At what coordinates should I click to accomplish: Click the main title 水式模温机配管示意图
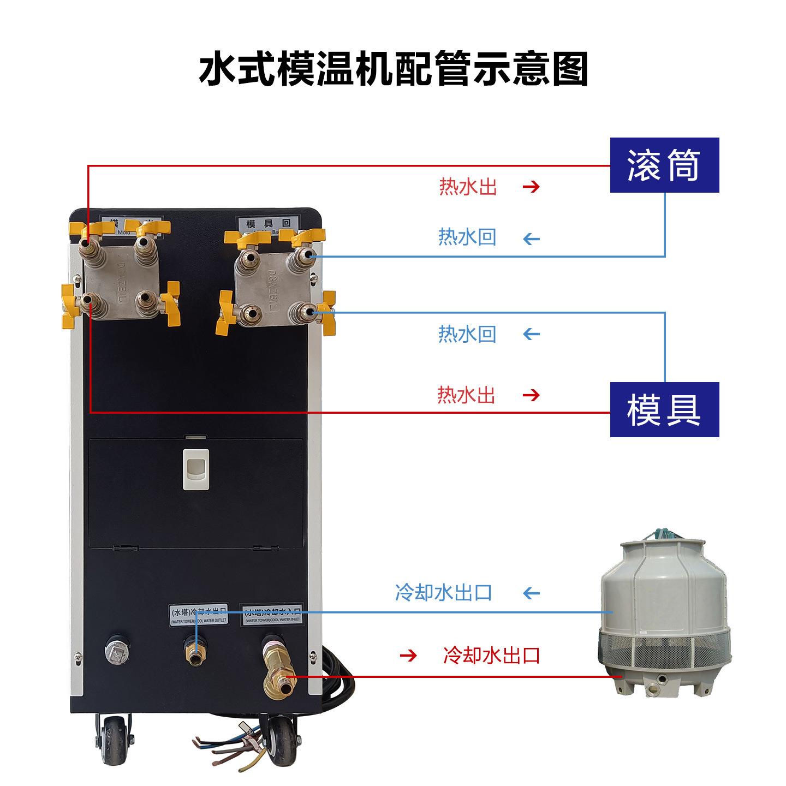(393, 69)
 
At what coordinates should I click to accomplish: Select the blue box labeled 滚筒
(664, 165)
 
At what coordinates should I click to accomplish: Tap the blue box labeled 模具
(664, 409)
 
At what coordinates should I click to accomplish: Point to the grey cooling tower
(665, 617)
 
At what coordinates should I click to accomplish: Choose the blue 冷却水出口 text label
(443, 592)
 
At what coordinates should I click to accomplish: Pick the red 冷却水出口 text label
(491, 654)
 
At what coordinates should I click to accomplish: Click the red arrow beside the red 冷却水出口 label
(408, 655)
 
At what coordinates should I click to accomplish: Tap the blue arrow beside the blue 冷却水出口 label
(531, 593)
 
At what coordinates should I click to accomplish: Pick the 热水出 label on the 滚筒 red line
(468, 187)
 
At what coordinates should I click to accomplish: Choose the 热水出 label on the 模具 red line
(466, 394)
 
